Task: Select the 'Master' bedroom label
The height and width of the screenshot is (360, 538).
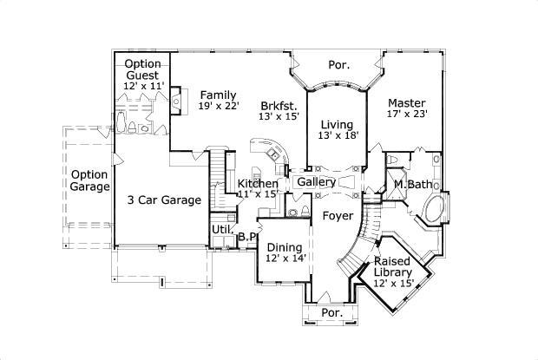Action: coord(405,101)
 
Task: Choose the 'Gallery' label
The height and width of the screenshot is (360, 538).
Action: coord(316,182)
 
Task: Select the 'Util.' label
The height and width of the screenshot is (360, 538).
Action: coord(220,229)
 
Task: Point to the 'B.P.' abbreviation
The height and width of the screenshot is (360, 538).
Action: coord(247,235)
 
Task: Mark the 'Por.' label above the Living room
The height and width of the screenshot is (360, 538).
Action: coord(338,65)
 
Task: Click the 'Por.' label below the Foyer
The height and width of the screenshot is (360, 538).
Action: coord(331,312)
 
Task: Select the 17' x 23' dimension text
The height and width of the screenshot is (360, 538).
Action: coord(406,113)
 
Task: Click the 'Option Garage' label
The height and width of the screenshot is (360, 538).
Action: coord(89,180)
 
